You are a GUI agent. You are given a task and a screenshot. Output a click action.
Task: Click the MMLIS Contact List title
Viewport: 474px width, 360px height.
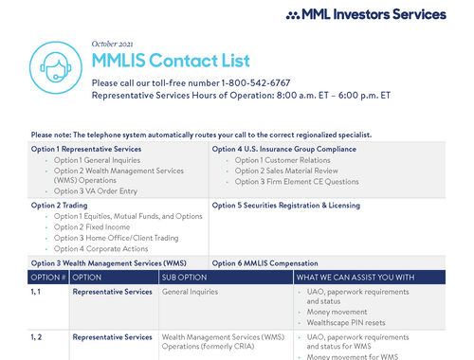click(x=171, y=62)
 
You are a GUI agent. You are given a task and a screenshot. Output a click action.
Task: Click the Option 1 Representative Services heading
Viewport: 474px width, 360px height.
click(x=86, y=149)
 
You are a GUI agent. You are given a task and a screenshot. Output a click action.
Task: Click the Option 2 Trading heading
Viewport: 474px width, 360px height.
click(x=60, y=205)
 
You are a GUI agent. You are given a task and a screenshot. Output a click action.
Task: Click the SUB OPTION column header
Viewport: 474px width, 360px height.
click(x=185, y=277)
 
